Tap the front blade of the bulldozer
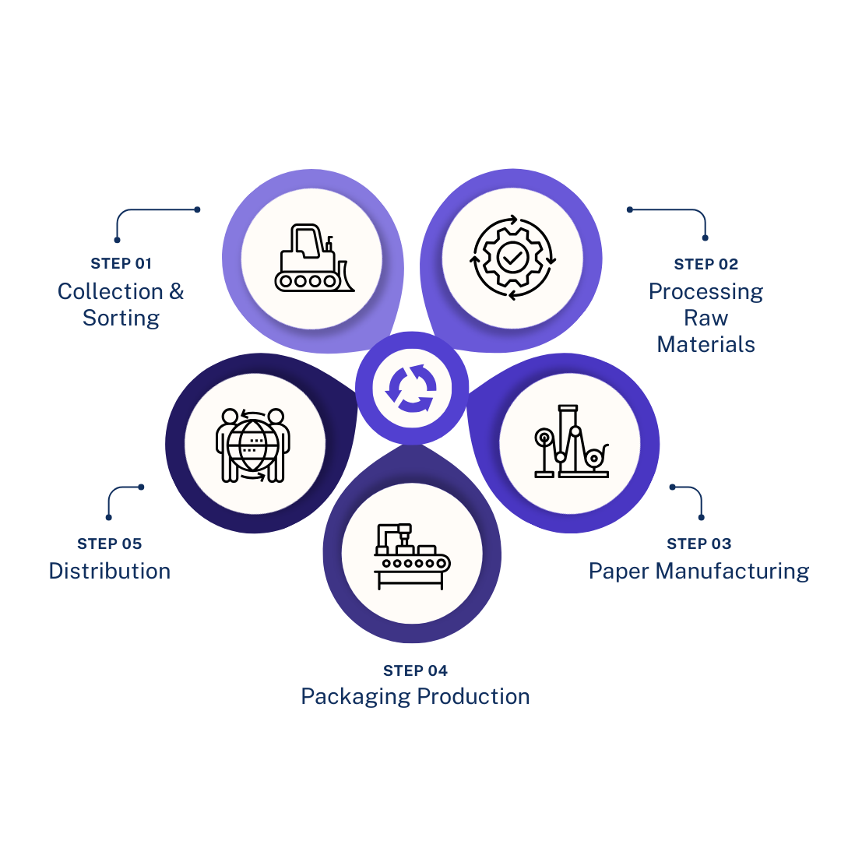(x=345, y=275)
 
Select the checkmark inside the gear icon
(x=511, y=256)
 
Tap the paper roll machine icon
(x=569, y=443)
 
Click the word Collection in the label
(x=111, y=292)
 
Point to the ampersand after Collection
(x=176, y=292)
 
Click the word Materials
(x=706, y=343)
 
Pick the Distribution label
(x=108, y=569)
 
